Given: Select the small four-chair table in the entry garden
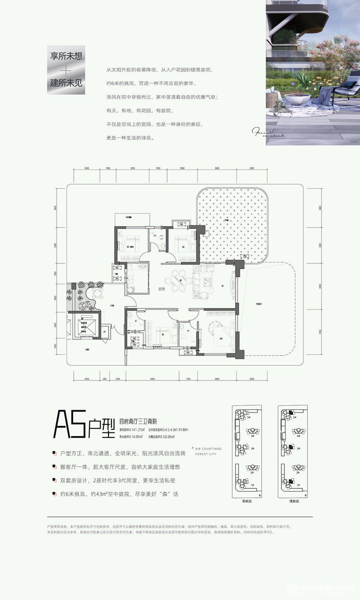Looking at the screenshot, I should [x=98, y=292].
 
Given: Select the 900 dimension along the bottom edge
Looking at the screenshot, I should [x=104, y=379].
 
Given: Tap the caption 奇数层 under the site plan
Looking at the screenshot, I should [x=247, y=501].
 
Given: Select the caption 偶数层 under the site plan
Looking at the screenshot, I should [x=293, y=501].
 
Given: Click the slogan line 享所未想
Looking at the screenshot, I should [x=66, y=56].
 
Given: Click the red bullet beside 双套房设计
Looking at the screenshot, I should [x=54, y=481].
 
